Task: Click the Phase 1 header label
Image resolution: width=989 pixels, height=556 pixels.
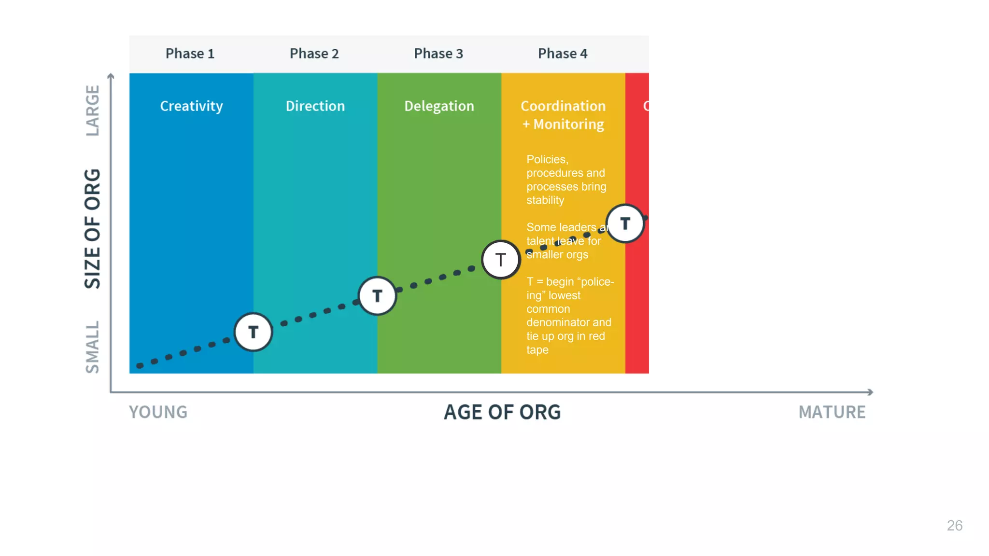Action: pyautogui.click(x=190, y=54)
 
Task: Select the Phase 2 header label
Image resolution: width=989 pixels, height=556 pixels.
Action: pyautogui.click(x=314, y=54)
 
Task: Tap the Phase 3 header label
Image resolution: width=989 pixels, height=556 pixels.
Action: pyautogui.click(x=438, y=54)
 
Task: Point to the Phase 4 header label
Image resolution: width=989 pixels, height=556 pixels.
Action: pyautogui.click(x=563, y=54)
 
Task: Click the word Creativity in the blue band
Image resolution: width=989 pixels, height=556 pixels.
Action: pyautogui.click(x=191, y=106)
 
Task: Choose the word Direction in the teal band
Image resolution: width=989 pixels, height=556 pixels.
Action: pyautogui.click(x=315, y=106)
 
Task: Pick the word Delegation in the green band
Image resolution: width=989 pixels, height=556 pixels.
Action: pyautogui.click(x=439, y=106)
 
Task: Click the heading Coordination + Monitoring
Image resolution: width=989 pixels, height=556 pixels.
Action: pyautogui.click(x=563, y=115)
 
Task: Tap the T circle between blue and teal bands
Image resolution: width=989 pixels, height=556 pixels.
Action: pyautogui.click(x=254, y=332)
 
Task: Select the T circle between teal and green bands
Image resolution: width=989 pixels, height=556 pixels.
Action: pyautogui.click(x=377, y=296)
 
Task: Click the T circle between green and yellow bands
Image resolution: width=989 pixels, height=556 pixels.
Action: pyautogui.click(x=501, y=260)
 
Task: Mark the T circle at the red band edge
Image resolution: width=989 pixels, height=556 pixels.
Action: pyautogui.click(x=625, y=223)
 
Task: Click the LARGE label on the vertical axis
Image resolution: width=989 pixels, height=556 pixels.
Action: pyautogui.click(x=92, y=111)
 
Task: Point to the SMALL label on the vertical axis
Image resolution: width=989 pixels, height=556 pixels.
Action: pyautogui.click(x=92, y=347)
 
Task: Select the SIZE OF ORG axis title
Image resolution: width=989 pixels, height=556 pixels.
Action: pyautogui.click(x=92, y=229)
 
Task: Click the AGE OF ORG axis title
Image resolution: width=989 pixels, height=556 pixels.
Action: pyautogui.click(x=502, y=412)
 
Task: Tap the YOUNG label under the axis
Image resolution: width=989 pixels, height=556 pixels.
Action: pyautogui.click(x=158, y=412)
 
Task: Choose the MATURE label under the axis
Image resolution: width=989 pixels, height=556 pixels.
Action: pyautogui.click(x=832, y=412)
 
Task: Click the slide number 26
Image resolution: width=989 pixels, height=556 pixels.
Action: pyautogui.click(x=954, y=526)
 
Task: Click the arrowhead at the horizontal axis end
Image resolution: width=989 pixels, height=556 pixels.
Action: pyautogui.click(x=870, y=392)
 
